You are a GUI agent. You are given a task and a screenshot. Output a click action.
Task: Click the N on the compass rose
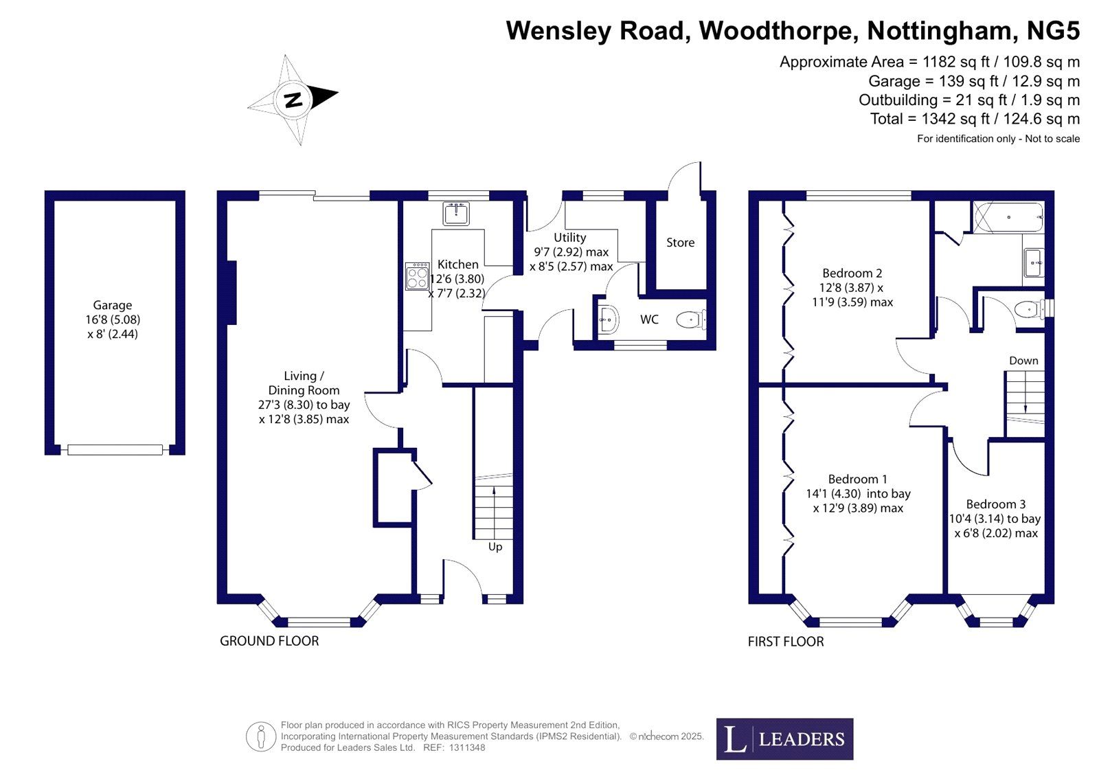(293, 100)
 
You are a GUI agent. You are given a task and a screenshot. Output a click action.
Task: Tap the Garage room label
(113, 305)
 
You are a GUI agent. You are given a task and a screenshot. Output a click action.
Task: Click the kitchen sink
(455, 214)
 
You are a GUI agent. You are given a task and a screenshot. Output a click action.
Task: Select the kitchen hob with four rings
(417, 276)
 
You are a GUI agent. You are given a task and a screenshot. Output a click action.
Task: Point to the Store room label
(680, 243)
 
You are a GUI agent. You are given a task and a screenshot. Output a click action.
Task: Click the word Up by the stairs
(495, 547)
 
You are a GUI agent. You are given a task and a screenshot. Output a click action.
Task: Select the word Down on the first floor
(1023, 361)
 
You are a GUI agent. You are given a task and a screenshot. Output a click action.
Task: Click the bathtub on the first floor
(1008, 217)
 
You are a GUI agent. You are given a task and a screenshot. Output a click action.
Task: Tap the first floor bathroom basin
(1033, 262)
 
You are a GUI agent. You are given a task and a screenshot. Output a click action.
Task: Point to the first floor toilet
(1028, 309)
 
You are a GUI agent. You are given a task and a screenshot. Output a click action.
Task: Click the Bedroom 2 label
(852, 273)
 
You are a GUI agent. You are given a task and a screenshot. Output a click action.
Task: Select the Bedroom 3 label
(995, 504)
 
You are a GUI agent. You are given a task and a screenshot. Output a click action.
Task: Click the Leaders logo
(784, 739)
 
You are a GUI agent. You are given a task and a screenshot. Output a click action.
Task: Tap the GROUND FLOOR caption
(269, 641)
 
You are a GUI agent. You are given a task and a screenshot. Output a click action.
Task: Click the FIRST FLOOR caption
(786, 642)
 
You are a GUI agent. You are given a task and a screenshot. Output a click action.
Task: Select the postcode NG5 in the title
(1053, 31)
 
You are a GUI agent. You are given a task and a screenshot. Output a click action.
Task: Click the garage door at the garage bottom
(115, 450)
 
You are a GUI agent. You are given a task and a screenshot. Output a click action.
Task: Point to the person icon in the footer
(261, 737)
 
